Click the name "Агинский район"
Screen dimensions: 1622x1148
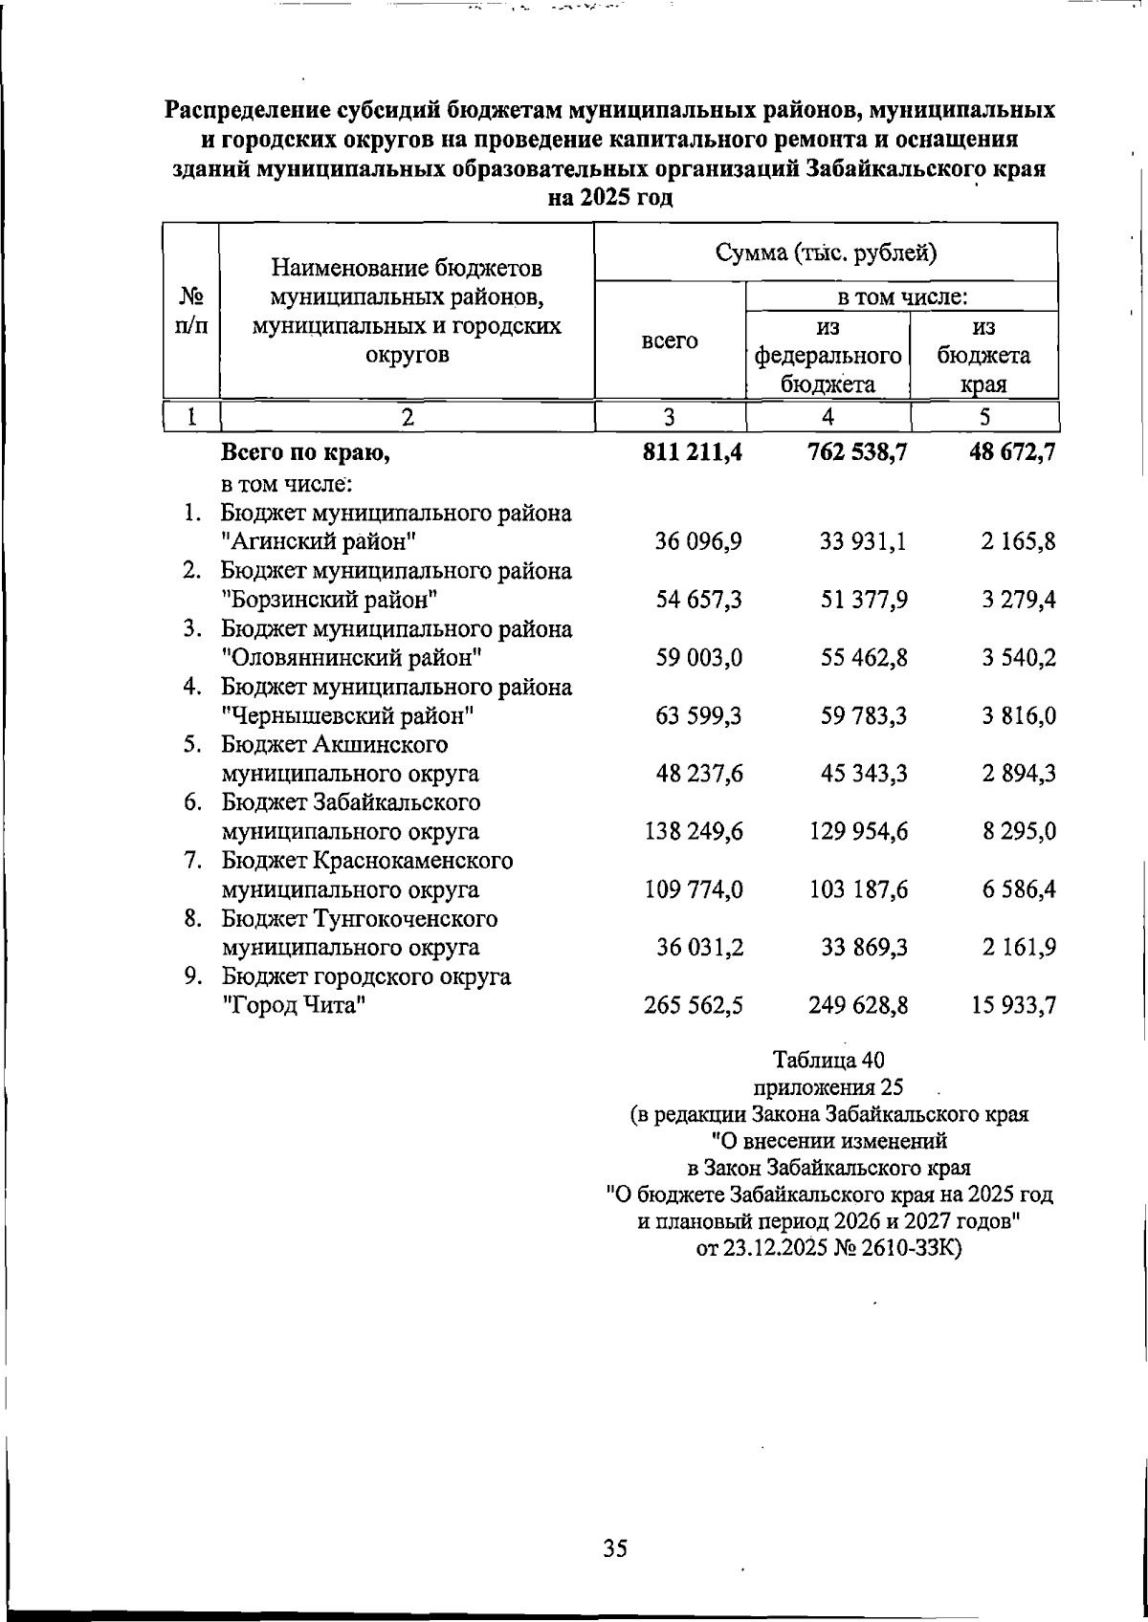pos(318,542)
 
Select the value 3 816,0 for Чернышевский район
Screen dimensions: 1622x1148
pos(1019,716)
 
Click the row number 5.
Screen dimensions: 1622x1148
pos(192,745)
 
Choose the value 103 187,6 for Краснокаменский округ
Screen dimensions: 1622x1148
pos(856,890)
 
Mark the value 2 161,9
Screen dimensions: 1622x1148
pos(1019,948)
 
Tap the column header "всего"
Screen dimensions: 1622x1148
pos(669,340)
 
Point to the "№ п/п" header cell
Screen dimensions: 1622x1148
pos(192,310)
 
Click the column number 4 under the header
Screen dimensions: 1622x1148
pos(828,417)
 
